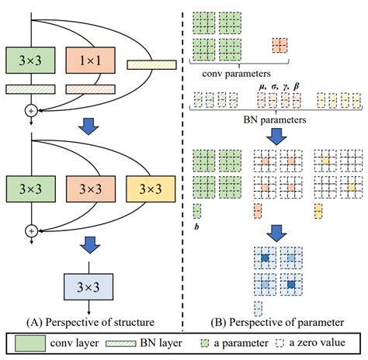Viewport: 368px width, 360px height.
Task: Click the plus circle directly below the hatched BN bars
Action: (x=30, y=111)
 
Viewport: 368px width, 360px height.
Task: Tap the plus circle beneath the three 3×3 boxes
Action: (x=30, y=230)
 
